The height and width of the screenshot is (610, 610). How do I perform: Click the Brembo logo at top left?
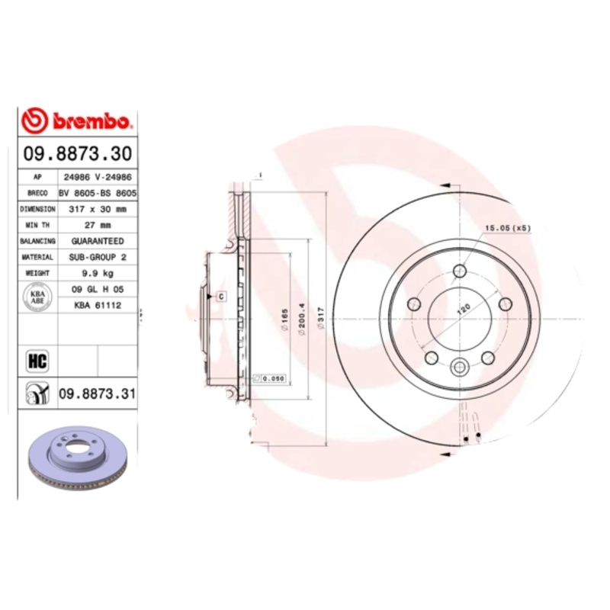click(78, 120)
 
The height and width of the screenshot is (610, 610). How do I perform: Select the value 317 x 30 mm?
click(98, 208)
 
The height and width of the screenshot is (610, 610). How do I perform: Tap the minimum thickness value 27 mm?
click(98, 225)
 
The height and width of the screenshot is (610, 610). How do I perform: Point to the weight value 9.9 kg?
click(98, 273)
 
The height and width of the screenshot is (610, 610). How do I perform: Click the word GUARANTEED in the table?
click(98, 241)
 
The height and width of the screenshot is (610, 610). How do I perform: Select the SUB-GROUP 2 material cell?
click(98, 257)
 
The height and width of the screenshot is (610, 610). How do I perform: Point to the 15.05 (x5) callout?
click(508, 228)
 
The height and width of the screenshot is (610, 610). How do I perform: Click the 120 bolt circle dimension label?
click(463, 310)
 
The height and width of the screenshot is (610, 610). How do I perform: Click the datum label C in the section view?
click(221, 295)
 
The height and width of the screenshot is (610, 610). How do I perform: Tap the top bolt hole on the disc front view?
click(460, 271)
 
